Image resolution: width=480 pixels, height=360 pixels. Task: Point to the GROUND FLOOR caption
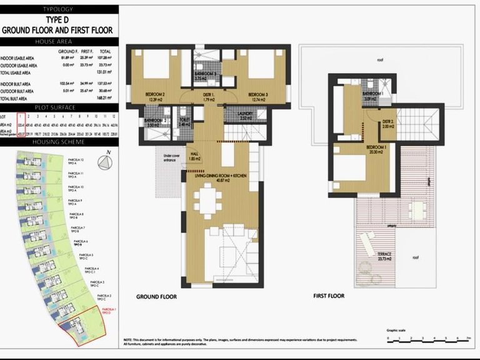tap(156, 297)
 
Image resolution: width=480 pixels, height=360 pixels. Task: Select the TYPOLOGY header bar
tap(59, 9)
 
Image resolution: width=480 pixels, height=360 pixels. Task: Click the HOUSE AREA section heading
tap(59, 41)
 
